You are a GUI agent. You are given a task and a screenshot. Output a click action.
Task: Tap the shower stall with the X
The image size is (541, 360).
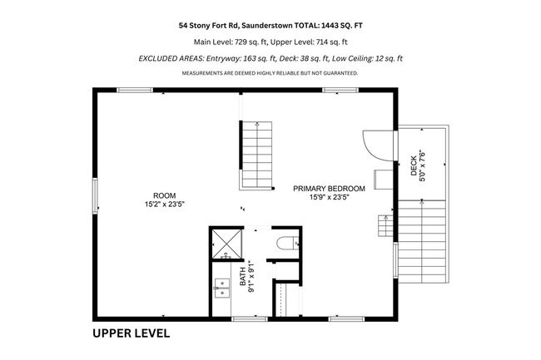click(227, 244)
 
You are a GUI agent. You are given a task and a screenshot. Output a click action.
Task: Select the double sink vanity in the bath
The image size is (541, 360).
click(221, 288)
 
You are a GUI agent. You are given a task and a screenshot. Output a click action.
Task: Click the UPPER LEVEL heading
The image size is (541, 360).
click(132, 333)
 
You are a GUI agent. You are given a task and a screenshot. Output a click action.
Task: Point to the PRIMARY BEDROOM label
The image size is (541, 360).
click(329, 189)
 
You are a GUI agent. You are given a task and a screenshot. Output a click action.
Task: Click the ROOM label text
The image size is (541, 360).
click(165, 195)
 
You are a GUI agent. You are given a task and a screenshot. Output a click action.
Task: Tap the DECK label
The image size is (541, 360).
click(414, 166)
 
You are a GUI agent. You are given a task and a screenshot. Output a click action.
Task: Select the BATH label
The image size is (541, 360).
click(243, 276)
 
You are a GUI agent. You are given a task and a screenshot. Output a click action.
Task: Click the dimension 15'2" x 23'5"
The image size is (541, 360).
click(165, 205)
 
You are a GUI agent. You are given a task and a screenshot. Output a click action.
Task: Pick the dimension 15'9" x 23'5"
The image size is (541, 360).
click(329, 197)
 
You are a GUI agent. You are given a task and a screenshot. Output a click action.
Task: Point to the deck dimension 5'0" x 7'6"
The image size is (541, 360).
click(422, 165)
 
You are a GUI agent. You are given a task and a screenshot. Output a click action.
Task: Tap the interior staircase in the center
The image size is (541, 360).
click(256, 155)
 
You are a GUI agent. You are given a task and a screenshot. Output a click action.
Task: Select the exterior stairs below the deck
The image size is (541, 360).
click(422, 241)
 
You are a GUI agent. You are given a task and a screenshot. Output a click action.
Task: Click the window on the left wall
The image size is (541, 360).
click(95, 196)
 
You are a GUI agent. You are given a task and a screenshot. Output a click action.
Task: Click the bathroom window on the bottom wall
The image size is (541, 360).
click(250, 319)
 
